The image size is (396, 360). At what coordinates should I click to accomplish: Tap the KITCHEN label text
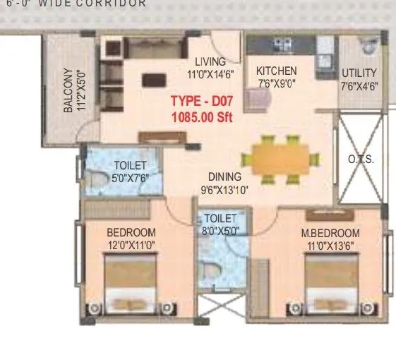point(276,71)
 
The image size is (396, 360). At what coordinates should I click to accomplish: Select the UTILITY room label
point(359,73)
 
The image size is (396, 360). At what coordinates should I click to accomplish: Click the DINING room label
point(224,176)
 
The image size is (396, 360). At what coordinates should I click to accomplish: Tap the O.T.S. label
point(361,160)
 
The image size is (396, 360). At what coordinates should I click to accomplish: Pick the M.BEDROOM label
point(330,233)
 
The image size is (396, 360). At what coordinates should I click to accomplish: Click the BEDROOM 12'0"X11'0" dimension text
point(131,245)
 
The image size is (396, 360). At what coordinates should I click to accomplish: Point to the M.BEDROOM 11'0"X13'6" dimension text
point(330,245)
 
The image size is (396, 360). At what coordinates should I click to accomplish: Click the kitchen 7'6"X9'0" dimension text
point(276,83)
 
